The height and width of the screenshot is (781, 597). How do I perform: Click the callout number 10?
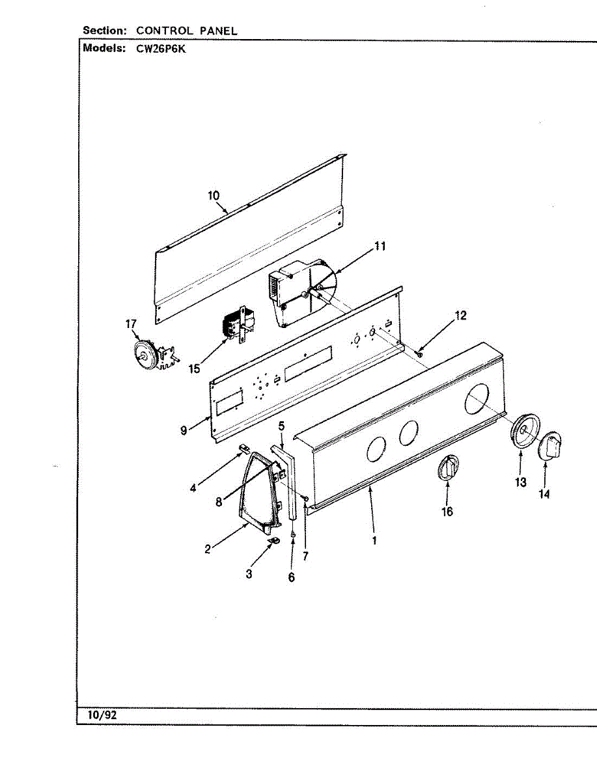[x=214, y=195]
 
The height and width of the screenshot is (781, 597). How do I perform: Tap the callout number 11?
[x=380, y=246]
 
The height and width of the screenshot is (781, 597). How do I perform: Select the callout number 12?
[x=460, y=316]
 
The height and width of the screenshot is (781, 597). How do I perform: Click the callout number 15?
[x=194, y=369]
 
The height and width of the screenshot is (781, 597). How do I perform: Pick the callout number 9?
[x=184, y=430]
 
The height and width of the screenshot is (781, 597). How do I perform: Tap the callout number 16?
[x=447, y=512]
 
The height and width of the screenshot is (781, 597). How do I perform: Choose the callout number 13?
[x=520, y=483]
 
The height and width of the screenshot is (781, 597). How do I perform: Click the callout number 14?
[x=544, y=495]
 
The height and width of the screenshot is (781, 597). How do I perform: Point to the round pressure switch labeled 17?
[x=146, y=353]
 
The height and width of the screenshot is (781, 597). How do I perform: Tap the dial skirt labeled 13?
[x=523, y=430]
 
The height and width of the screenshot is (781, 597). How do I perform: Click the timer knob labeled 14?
[x=551, y=447]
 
